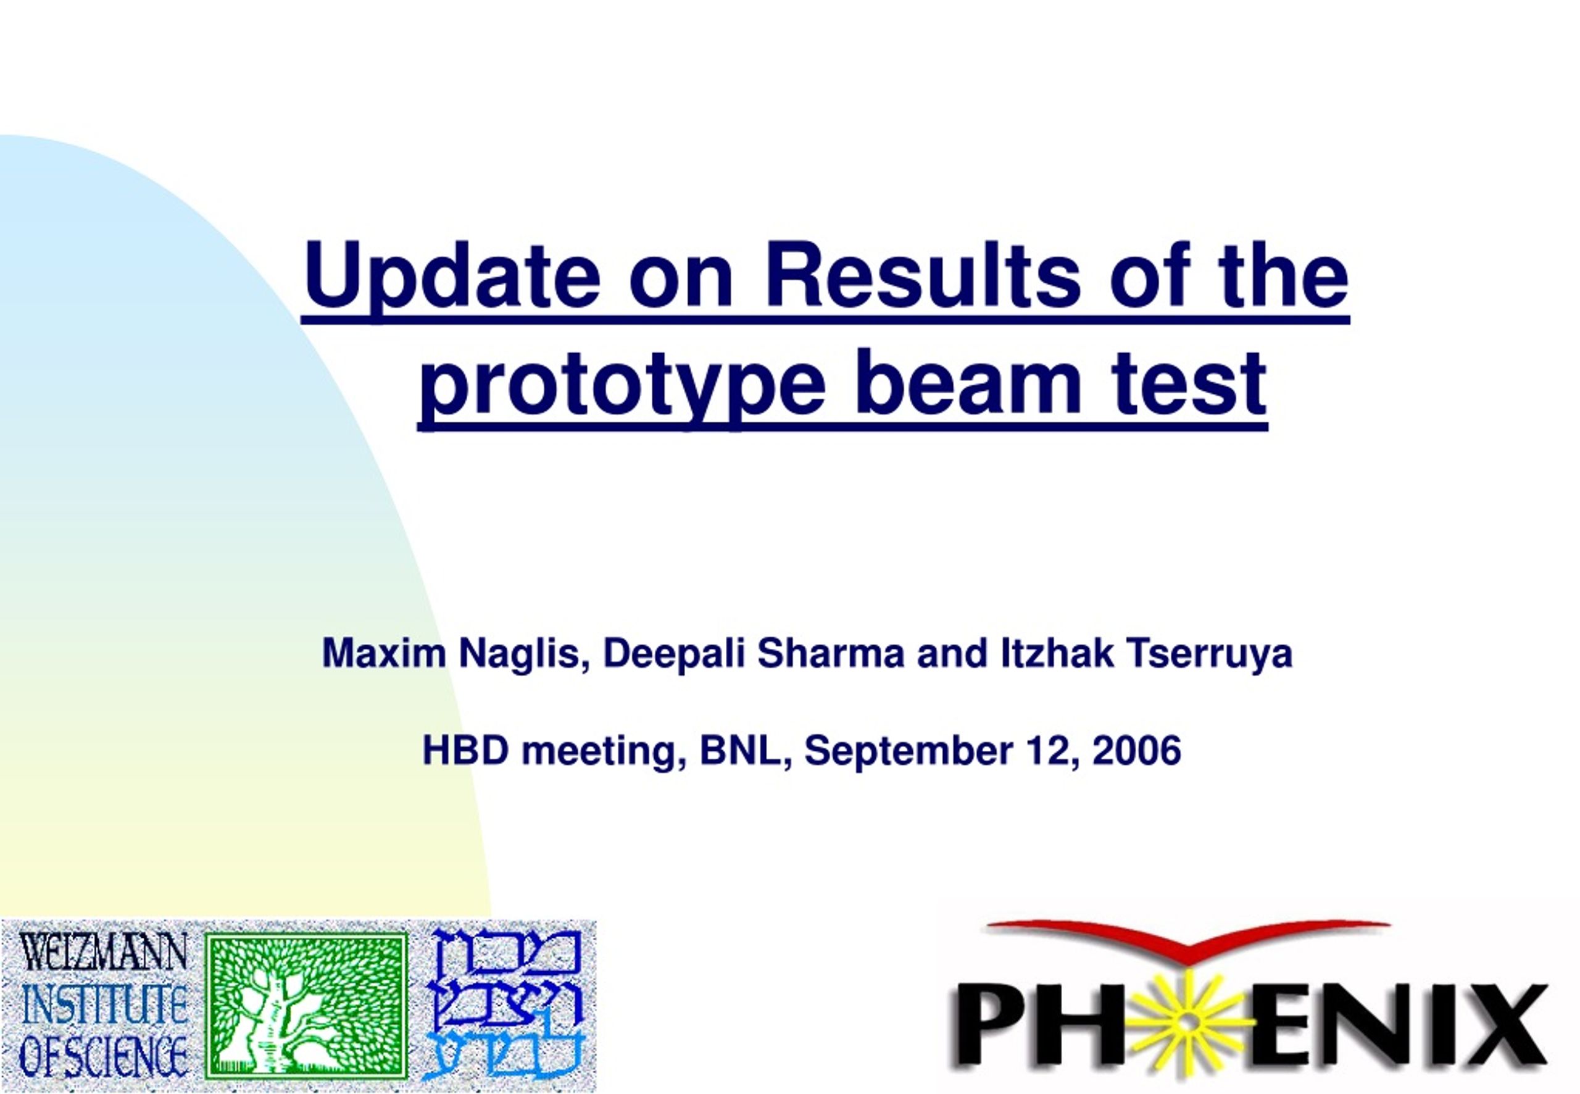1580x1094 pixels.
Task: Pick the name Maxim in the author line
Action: [384, 653]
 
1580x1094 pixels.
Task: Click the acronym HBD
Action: [466, 751]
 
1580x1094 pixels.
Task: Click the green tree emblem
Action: [306, 1006]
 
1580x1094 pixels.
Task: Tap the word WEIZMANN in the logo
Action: [103, 951]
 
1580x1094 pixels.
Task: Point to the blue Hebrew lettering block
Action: [505, 1005]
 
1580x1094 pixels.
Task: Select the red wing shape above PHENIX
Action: [1189, 937]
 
